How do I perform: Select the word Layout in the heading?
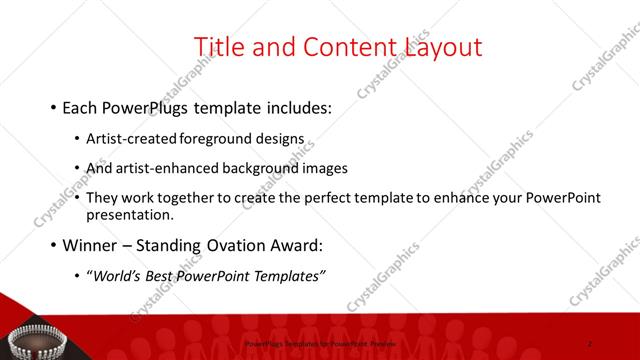click(x=443, y=46)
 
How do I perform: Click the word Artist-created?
click(x=133, y=139)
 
